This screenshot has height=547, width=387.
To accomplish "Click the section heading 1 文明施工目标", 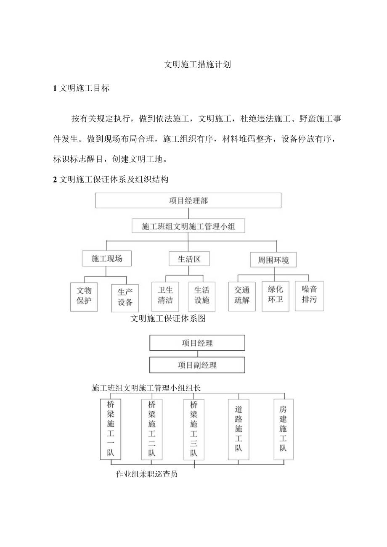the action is (81, 88).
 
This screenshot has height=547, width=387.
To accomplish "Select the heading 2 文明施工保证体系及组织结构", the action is (111, 180).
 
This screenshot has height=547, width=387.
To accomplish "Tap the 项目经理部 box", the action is (188, 201).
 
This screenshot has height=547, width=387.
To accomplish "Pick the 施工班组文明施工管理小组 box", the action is (188, 227).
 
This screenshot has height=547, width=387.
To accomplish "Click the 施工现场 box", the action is (107, 259).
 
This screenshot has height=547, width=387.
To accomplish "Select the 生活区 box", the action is (189, 259).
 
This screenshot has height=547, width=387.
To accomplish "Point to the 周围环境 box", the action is (273, 260).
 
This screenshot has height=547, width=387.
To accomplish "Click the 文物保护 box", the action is (84, 296).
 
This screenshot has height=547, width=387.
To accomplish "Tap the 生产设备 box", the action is (125, 297).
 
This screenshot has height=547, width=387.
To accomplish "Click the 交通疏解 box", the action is (242, 296).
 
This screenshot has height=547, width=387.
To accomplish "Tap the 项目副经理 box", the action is (197, 365).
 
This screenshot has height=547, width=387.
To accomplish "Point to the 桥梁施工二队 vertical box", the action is (152, 429).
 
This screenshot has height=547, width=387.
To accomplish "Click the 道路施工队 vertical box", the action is (239, 429).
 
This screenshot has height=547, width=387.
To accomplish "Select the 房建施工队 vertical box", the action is (283, 428).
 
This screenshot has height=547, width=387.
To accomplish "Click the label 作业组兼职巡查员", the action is (146, 474).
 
